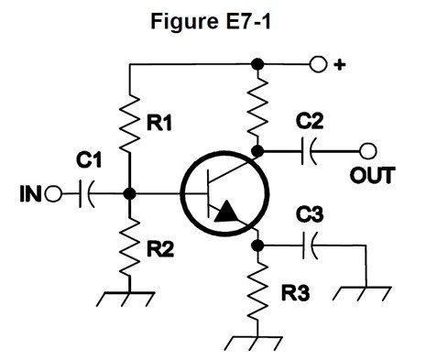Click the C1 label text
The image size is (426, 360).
[x=88, y=162]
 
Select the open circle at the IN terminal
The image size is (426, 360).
[x=53, y=194]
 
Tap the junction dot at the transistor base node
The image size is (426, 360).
[x=130, y=194]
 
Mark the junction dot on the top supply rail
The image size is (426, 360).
[x=259, y=64]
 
